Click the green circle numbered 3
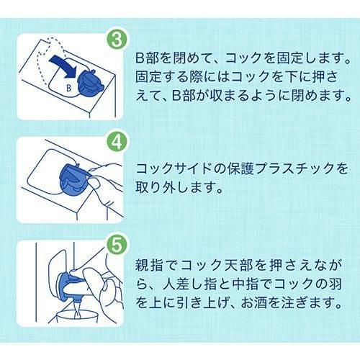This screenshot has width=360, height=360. tap(117, 40)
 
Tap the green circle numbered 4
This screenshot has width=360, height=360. tap(117, 143)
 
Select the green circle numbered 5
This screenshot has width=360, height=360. tap(117, 245)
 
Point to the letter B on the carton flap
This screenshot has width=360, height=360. tap(69, 89)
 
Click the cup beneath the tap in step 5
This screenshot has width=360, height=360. tap(73, 316)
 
